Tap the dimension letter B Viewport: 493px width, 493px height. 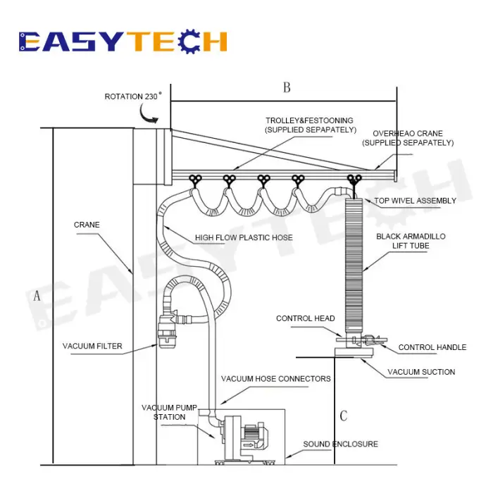[x=287, y=88]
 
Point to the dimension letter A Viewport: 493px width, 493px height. [x=37, y=296]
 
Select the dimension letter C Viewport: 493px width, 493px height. [x=343, y=416]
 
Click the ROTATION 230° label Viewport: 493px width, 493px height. [x=133, y=96]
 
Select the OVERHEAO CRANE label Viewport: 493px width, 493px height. [x=408, y=137]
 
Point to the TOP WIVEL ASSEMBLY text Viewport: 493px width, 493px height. [x=415, y=201]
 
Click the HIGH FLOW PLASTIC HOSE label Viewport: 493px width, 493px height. [x=244, y=237]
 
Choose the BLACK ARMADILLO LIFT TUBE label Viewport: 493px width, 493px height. [x=411, y=242]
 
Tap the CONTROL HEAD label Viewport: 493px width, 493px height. [x=305, y=318]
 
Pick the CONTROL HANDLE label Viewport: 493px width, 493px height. [x=432, y=347]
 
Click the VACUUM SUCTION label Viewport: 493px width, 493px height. [x=421, y=372]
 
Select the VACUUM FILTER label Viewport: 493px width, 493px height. [x=92, y=346]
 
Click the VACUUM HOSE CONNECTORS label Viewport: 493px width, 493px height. [x=275, y=379]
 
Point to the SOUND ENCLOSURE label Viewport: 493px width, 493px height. [x=340, y=444]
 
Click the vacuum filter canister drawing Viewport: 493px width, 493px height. [x=168, y=330]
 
